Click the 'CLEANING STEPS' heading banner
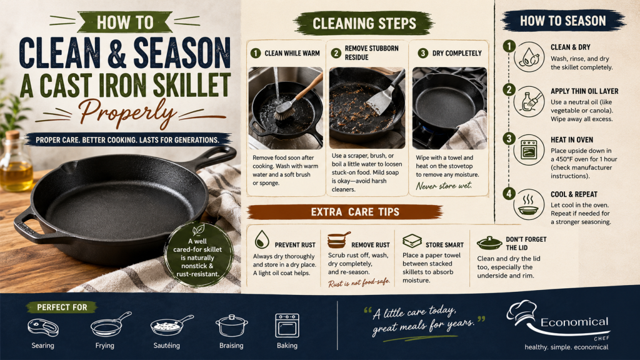(x=364, y=23)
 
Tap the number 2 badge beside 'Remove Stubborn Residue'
(x=336, y=53)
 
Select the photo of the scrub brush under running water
(x=286, y=108)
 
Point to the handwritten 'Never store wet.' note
(x=444, y=186)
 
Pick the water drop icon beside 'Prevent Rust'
(x=262, y=239)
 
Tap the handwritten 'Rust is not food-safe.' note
(x=359, y=282)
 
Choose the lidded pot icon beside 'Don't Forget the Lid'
(x=489, y=243)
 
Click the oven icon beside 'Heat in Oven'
(x=529, y=150)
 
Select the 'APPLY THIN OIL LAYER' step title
(x=584, y=91)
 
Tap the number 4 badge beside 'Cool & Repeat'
(x=509, y=193)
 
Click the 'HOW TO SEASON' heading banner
(x=563, y=21)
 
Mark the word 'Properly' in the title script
(x=127, y=112)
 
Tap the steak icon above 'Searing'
(x=43, y=327)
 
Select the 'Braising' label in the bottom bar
(x=231, y=346)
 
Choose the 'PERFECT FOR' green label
(x=62, y=307)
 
